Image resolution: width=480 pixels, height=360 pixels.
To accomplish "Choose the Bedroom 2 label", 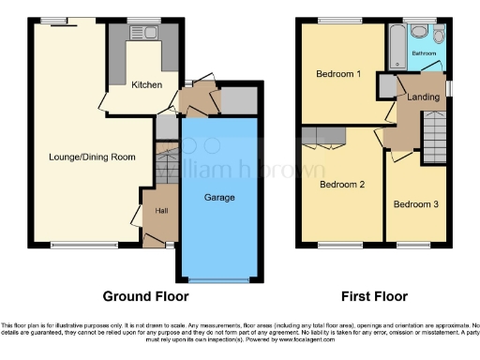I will coord(341,185).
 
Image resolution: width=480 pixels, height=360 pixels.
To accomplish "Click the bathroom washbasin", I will coord(416,29).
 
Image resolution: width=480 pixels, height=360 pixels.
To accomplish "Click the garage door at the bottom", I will coord(218,279).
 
